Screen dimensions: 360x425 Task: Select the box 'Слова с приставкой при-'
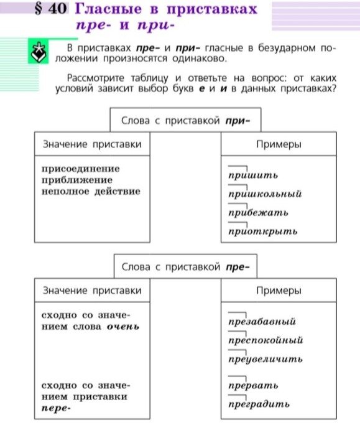pyautogui.click(x=184, y=119)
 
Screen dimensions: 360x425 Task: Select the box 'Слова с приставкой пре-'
pyautogui.click(x=185, y=267)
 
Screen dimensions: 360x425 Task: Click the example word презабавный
pyautogui.click(x=261, y=322)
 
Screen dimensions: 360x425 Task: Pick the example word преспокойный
pyautogui.click(x=265, y=340)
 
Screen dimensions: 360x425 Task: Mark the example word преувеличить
pyautogui.click(x=265, y=359)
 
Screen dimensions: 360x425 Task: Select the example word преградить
pyautogui.click(x=259, y=404)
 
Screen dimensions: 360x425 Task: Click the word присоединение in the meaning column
pyautogui.click(x=81, y=169)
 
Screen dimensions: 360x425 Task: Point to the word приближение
pyautogui.click(x=76, y=180)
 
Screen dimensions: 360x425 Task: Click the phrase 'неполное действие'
pyautogui.click(x=91, y=191)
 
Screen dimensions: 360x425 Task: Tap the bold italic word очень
pyautogui.click(x=123, y=327)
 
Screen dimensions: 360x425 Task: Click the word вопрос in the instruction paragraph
pyautogui.click(x=256, y=78)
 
